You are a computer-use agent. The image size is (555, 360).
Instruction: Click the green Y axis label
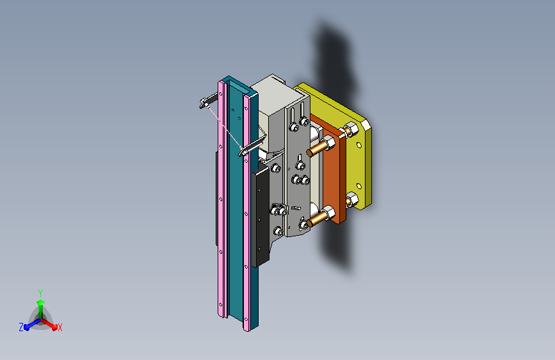(40, 291)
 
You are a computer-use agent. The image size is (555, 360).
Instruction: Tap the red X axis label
(60, 327)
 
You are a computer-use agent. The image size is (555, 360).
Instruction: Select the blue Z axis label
(21, 327)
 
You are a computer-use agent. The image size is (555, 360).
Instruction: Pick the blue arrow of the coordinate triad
(29, 325)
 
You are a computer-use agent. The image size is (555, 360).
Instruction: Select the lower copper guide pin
(315, 221)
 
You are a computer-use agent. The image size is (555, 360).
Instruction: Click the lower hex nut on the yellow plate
(352, 200)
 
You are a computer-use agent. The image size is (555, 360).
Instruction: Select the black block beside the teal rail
(262, 218)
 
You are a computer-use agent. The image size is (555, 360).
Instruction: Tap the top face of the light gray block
(269, 87)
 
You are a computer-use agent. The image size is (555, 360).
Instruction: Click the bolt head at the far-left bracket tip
(204, 101)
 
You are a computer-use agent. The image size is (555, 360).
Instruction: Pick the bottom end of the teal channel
(253, 323)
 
